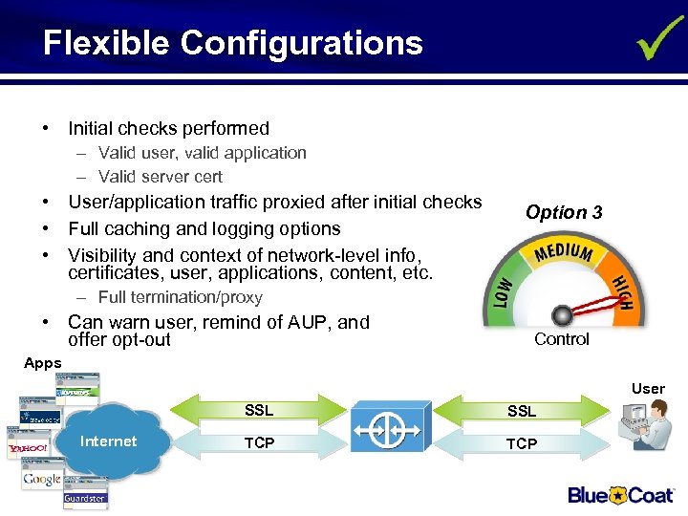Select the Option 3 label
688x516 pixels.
[564, 212]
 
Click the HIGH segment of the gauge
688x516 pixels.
[621, 291]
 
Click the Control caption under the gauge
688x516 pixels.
[562, 339]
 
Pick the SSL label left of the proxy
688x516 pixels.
[259, 411]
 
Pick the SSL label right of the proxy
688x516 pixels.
[522, 412]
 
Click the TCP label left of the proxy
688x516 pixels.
[259, 443]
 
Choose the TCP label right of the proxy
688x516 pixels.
[522, 443]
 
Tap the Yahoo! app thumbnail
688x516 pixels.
[28, 446]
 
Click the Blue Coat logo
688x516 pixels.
[620, 494]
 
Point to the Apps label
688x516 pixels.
[42, 363]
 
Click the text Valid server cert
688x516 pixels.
[160, 177]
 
